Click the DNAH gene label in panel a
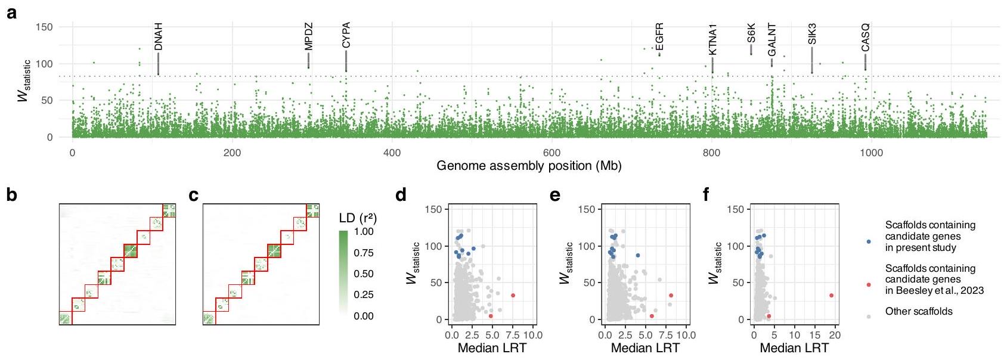coord(158,37)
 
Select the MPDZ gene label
coord(308,37)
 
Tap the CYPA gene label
coord(346,35)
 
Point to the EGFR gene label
coord(659,37)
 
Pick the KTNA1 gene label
coord(712,39)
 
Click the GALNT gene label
coord(771,39)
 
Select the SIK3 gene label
coord(812,35)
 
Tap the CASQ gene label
coord(866,37)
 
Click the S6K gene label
coord(751,33)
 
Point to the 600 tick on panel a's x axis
coord(551,153)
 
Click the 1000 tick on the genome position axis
coord(871,153)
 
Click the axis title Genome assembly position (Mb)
coord(529,166)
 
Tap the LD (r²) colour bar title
coord(358,218)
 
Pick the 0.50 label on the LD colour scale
coord(364,274)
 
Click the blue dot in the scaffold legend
coord(869,241)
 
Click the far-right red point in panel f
coord(831,296)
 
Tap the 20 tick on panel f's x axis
coord(835,336)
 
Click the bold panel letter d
coord(402,195)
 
